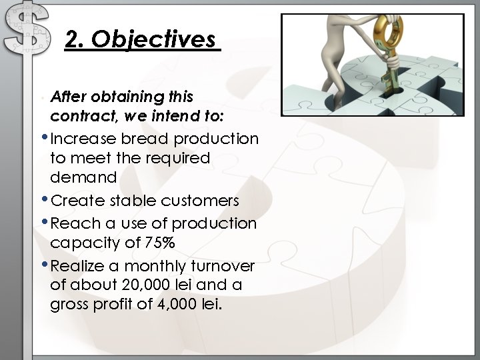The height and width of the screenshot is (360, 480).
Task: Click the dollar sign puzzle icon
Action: tap(26, 30)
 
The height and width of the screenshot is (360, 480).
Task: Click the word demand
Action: tap(83, 177)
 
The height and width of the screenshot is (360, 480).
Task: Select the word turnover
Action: tap(225, 265)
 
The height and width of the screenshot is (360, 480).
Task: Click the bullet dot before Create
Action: tap(45, 201)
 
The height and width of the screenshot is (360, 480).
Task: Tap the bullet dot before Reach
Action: tap(45, 223)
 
